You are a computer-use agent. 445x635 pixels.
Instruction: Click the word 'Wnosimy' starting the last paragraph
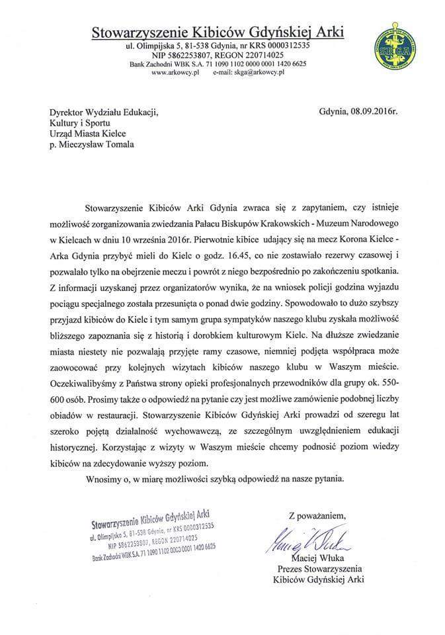103,477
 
